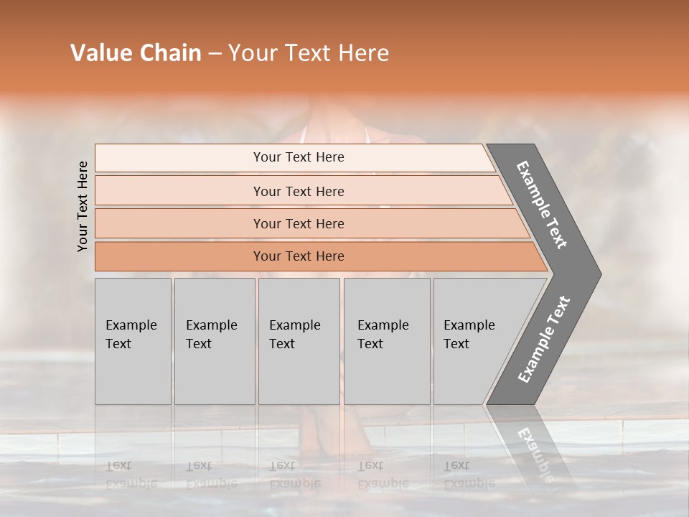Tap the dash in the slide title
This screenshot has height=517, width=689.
coord(215,54)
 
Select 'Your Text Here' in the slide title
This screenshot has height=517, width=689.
coord(309,53)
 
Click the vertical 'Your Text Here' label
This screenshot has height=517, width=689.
coord(83,206)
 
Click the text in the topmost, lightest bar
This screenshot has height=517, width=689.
coord(299,157)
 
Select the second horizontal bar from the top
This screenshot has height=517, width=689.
coord(299,191)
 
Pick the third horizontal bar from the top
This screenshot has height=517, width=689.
coord(299,223)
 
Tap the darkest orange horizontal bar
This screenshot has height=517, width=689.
coord(299,256)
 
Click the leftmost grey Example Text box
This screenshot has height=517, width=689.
coord(133,341)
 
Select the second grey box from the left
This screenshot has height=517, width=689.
coord(214,341)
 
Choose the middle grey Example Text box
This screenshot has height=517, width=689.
coord(299,341)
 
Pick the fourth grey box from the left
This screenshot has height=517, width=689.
coord(386,341)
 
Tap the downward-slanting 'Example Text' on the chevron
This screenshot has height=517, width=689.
coord(543,205)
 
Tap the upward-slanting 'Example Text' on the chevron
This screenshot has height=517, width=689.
coord(544,340)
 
